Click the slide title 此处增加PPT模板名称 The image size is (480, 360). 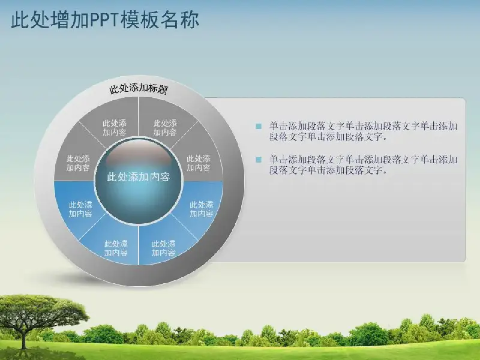(105, 20)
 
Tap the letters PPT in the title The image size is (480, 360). (104, 20)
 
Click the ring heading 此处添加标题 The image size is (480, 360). (139, 89)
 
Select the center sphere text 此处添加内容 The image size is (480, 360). (139, 177)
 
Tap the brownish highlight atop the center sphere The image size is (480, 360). (139, 153)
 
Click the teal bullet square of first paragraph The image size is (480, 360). (259, 126)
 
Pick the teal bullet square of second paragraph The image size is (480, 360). (259, 160)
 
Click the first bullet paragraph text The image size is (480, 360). (364, 131)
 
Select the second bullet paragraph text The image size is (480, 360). (364, 164)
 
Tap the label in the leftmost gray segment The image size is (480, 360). (79, 163)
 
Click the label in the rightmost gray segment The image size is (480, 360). (199, 163)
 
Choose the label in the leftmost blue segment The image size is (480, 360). (80, 209)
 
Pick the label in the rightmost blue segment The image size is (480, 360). (201, 209)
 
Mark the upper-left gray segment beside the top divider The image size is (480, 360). (114, 128)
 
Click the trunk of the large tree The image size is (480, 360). (23, 337)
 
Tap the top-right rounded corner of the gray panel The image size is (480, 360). (463, 100)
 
